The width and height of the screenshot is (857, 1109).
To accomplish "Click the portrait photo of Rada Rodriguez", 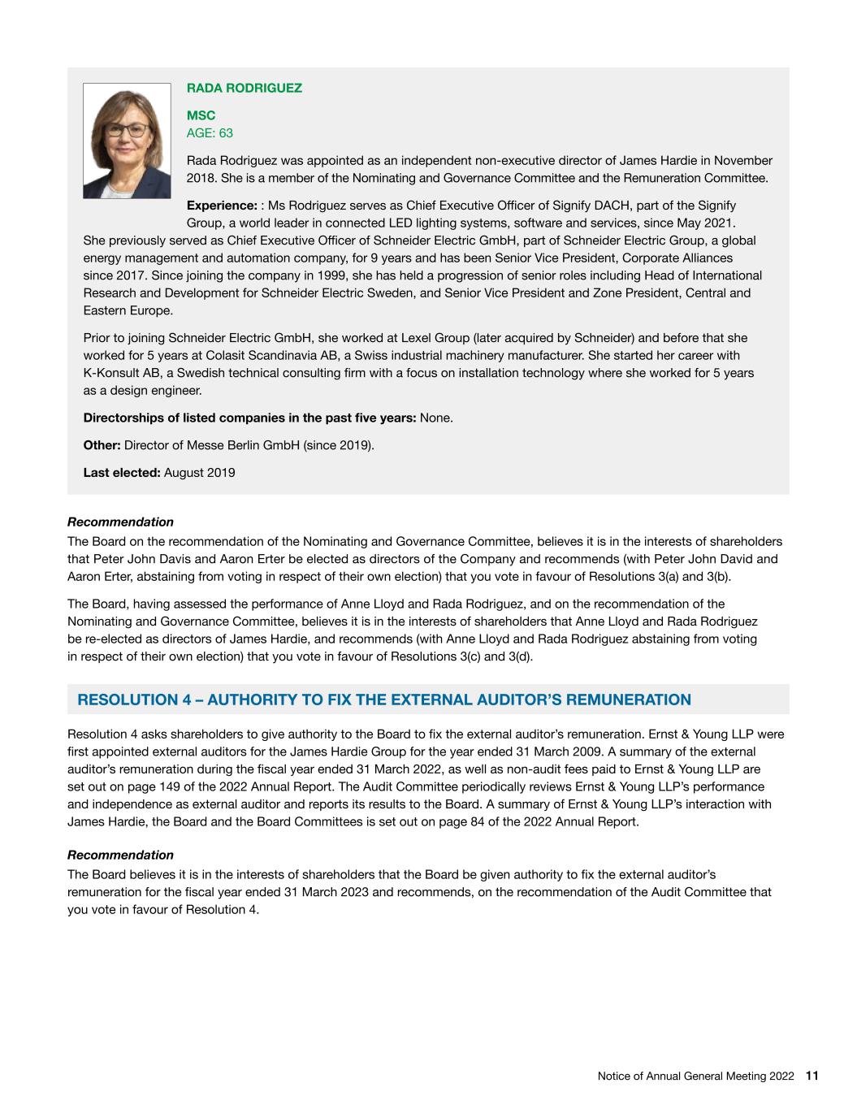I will [127, 141].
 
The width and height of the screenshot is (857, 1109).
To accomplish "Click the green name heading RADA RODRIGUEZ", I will [244, 88].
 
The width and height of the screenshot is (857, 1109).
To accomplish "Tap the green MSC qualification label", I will [201, 116].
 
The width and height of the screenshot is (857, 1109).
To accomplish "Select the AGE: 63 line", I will [210, 132].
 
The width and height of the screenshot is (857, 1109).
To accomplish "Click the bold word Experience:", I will [222, 206].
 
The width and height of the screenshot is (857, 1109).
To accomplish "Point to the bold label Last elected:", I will [122, 472].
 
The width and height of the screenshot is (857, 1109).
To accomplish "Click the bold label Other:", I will [102, 444].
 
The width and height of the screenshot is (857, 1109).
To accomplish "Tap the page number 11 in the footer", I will [812, 1076].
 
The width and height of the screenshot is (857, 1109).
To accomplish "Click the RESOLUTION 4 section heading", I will [383, 700].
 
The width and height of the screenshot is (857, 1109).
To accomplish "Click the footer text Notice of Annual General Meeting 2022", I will [695, 1076].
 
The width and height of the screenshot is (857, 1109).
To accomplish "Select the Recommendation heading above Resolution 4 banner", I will [120, 522].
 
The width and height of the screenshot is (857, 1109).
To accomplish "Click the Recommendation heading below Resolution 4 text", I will [120, 855].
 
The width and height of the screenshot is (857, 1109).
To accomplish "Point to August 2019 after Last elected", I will [199, 472].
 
